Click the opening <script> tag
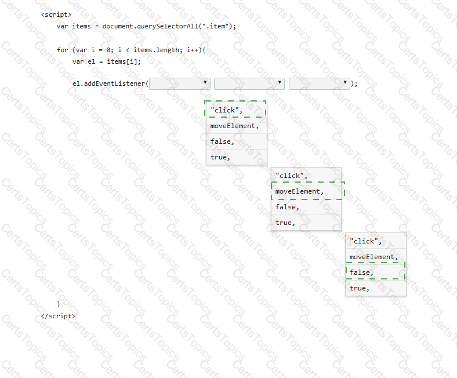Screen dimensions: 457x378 (56, 14)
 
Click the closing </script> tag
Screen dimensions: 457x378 (58, 316)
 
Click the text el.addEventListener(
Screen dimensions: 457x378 (110, 83)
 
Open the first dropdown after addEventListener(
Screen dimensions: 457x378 (180, 84)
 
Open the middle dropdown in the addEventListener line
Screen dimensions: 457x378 (249, 84)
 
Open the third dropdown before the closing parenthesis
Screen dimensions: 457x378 (320, 84)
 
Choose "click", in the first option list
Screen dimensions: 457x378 (226, 110)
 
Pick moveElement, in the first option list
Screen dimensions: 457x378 (234, 126)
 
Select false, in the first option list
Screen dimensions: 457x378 (222, 141)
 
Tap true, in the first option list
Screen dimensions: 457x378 (220, 157)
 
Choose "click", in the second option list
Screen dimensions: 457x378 (292, 176)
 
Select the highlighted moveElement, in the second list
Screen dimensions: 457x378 (299, 191)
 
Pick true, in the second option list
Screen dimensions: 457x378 (285, 223)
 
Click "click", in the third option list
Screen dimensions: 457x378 (365, 241)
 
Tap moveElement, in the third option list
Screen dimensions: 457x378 (373, 257)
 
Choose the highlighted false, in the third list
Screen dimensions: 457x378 (361, 273)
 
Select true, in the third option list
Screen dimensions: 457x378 (359, 289)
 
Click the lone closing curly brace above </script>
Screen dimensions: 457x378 (59, 304)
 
